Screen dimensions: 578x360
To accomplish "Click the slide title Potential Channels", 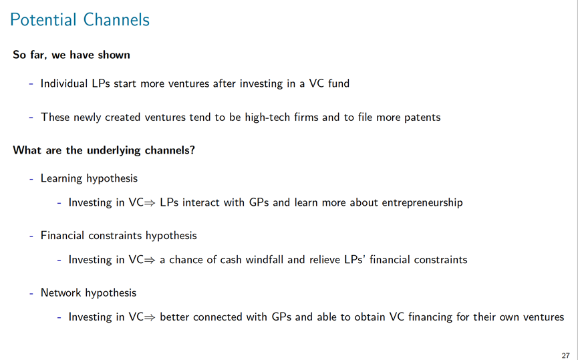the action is (80, 20).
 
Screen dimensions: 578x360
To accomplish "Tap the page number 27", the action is (565, 355).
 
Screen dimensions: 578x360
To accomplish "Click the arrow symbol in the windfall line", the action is (150, 260).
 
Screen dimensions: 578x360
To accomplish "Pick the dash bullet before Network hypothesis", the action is (31, 293).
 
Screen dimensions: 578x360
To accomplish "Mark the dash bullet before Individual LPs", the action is (31, 84).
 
